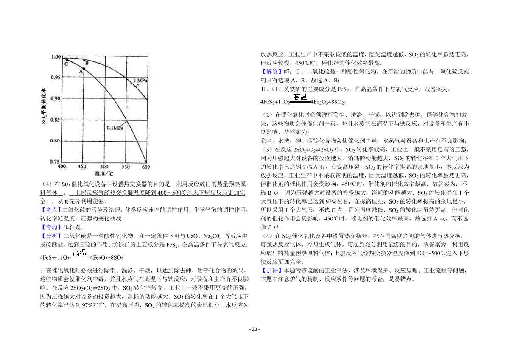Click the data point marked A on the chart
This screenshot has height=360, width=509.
84,68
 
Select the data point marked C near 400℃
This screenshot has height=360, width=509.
67,59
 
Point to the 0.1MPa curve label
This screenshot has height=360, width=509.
115,128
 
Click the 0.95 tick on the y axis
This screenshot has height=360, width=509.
55,78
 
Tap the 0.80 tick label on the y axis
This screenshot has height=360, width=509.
55,141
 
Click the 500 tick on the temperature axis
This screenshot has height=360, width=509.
104,167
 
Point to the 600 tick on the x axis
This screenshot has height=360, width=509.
146,167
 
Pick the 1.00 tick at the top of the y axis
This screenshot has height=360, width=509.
55,57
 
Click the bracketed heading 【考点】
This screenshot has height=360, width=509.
51,210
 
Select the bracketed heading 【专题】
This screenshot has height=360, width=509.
51,227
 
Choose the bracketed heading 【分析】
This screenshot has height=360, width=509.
51,236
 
